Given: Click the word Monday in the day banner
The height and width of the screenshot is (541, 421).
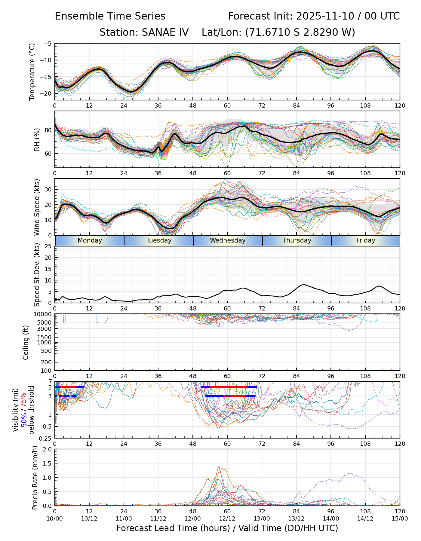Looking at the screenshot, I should (x=90, y=240).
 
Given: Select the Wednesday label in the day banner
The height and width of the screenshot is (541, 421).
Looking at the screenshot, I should (x=228, y=240).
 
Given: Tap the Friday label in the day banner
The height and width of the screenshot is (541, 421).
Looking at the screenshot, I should (x=366, y=240).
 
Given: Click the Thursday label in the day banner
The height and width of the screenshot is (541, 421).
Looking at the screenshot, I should (x=297, y=240).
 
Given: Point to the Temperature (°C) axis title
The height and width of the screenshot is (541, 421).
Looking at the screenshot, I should (x=32, y=72).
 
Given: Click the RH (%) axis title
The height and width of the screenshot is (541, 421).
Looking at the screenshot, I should (x=37, y=139).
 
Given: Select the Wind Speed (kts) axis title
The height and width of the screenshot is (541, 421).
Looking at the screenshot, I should (x=37, y=207).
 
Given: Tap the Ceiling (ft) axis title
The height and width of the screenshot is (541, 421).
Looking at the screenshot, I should (x=26, y=342).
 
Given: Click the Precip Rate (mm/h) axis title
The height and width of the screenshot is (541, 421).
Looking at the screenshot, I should (x=35, y=477).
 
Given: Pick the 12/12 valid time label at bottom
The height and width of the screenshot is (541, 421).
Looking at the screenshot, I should (x=227, y=518).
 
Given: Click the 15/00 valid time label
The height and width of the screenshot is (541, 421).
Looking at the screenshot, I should (x=400, y=518).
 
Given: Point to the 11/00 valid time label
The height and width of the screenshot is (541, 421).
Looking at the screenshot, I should (x=124, y=518).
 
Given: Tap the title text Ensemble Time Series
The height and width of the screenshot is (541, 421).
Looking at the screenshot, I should (x=110, y=16).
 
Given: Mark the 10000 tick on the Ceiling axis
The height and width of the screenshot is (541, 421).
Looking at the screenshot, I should (x=44, y=314).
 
